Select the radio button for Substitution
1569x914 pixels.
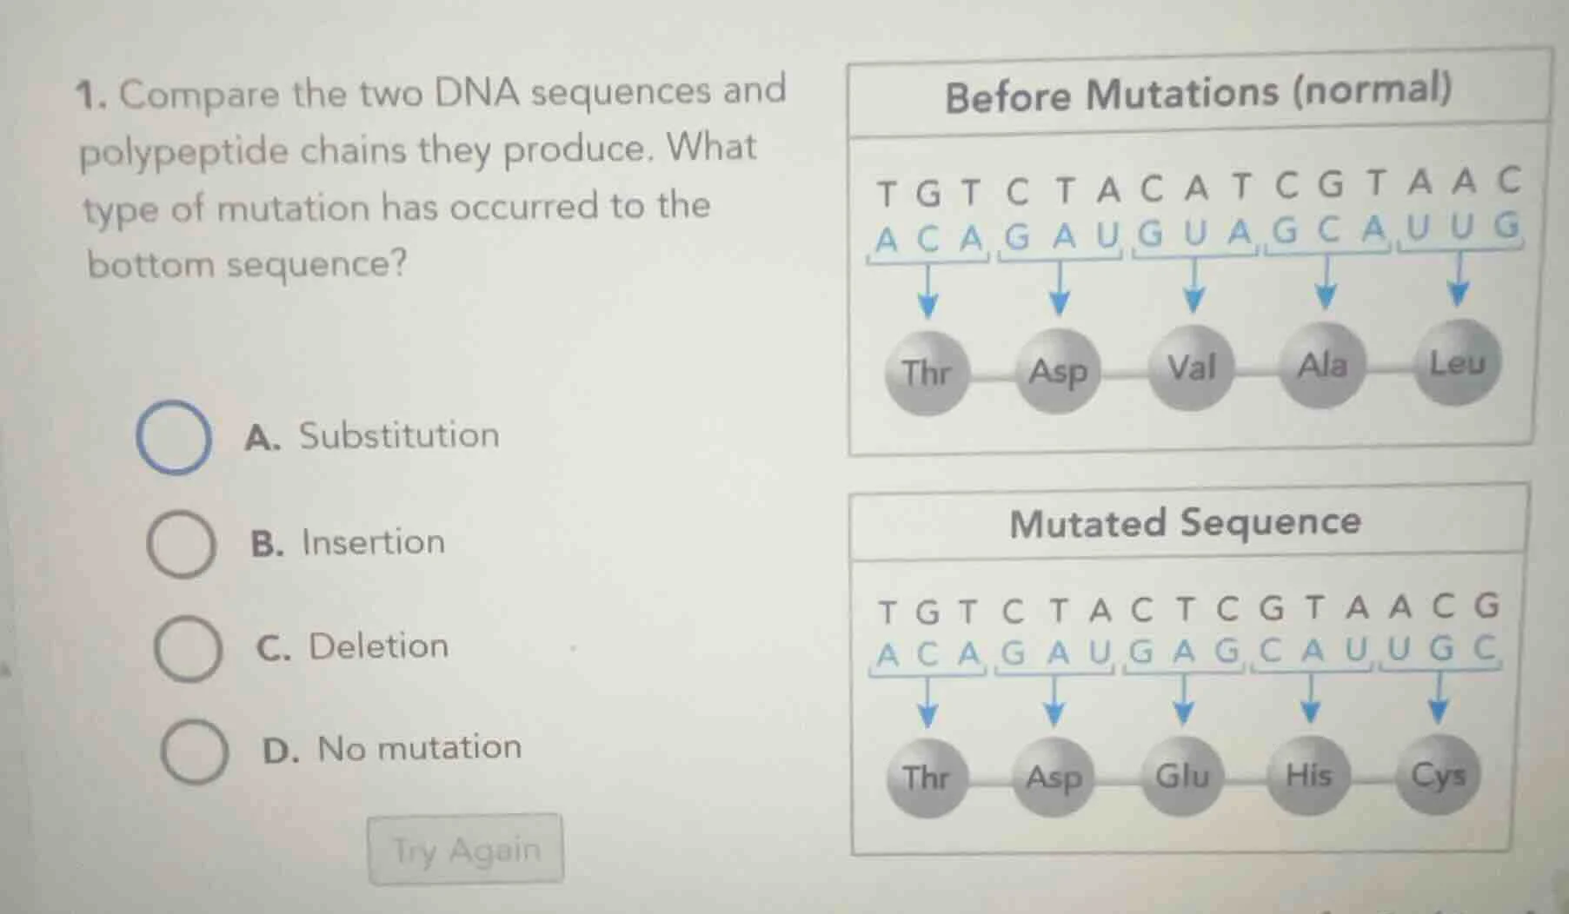[174, 437]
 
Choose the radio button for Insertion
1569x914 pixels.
[181, 545]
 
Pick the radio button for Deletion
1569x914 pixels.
[188, 649]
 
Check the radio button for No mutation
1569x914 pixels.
[195, 752]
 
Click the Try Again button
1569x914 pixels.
[466, 850]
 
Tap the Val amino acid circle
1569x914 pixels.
[1192, 368]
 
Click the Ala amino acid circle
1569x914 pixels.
[1322, 365]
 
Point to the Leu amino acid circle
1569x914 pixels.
[1458, 362]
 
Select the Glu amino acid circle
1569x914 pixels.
[1182, 775]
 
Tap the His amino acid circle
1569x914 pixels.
[1308, 774]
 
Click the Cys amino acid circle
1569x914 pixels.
[1438, 774]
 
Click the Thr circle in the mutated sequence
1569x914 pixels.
[926, 778]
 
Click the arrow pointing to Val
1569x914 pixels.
[1194, 285]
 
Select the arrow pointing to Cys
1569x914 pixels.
[1439, 698]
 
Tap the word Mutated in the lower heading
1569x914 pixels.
[1087, 524]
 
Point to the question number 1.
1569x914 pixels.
[89, 95]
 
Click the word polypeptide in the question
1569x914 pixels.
[183, 152]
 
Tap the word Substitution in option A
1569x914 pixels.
[399, 435]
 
